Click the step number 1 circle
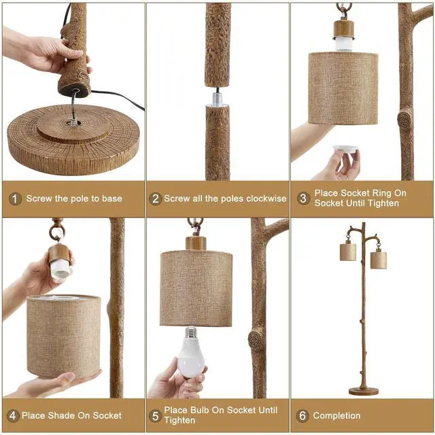point(15,198)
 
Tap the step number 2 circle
point(155,198)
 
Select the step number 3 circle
point(303,198)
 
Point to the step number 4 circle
point(14,415)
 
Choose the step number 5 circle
point(154,415)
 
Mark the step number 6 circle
point(303,415)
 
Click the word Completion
point(337,415)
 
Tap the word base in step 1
point(111,198)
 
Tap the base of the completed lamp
point(364,391)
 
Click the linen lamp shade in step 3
point(343,88)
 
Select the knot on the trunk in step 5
point(256,337)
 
